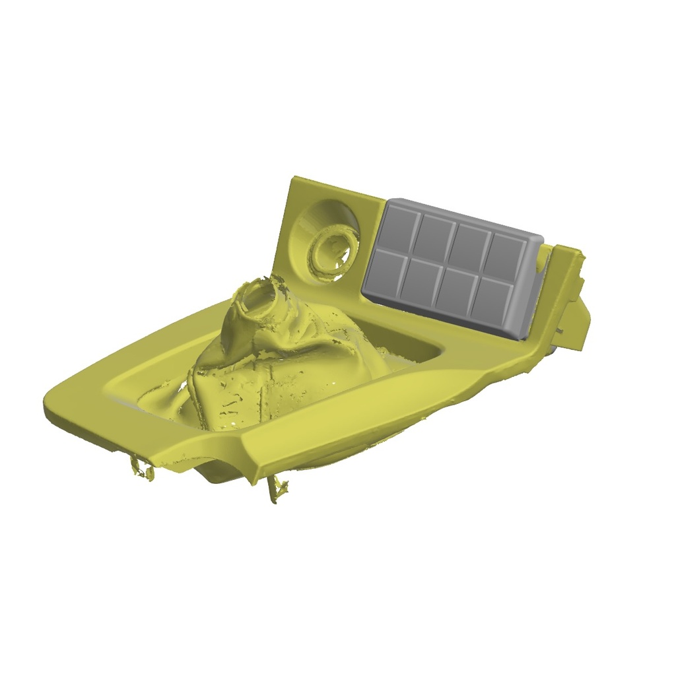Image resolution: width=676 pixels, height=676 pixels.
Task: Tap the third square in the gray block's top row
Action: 470,242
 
